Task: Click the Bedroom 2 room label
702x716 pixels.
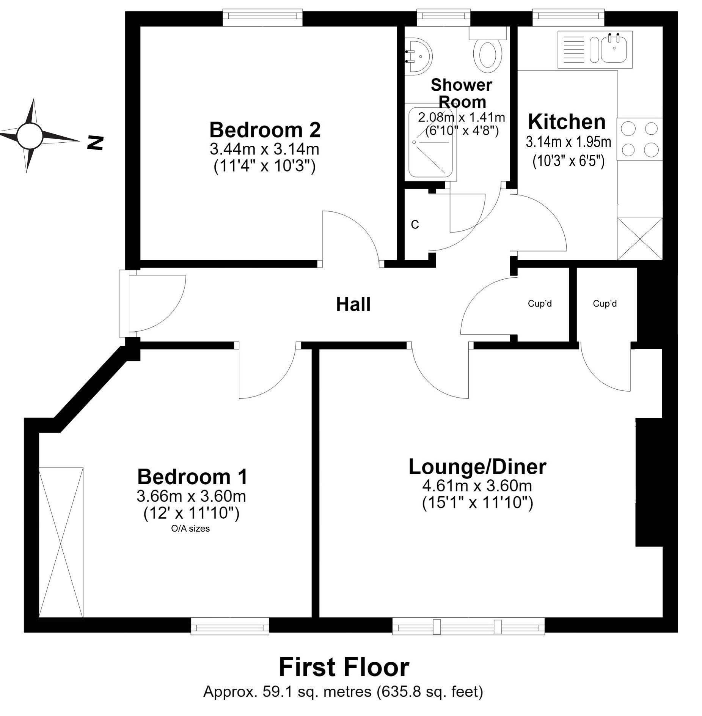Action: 265,130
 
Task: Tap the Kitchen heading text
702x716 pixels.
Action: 566,122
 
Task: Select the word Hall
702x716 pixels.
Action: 353,304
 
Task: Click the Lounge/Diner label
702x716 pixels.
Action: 477,467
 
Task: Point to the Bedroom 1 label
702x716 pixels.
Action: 192,477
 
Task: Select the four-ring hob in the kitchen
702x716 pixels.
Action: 639,139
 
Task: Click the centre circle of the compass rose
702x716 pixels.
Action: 29,136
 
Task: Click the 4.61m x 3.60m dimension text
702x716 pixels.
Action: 477,486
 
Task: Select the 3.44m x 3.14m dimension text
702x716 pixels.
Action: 264,149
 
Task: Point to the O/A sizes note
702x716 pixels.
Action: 190,529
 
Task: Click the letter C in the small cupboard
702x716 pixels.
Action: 415,225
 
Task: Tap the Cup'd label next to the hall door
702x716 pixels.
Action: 540,304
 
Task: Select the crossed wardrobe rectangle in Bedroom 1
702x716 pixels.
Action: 61,543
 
